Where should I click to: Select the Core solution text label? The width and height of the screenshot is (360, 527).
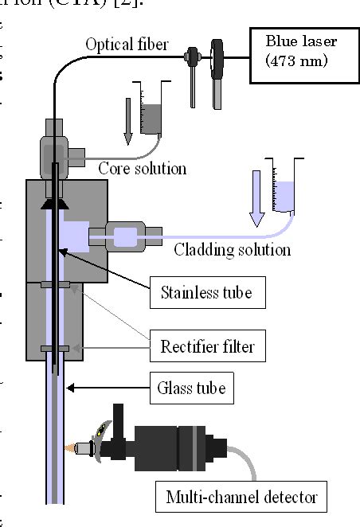coord(142,168)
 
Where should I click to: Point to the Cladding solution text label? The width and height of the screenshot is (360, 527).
coord(232,250)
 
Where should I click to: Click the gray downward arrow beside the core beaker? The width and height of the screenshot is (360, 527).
coord(127,120)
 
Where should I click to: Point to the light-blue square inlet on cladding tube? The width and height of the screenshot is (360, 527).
coord(126,236)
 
